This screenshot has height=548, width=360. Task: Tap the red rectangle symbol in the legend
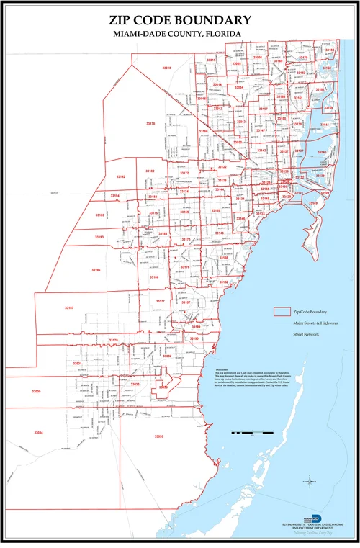point(282,312)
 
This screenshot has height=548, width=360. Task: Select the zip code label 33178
point(150,125)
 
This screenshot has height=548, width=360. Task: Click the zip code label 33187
point(69,308)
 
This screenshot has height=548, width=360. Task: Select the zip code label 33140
point(322,153)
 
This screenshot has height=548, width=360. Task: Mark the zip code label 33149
point(313,204)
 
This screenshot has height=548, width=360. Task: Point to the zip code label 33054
point(239,88)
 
